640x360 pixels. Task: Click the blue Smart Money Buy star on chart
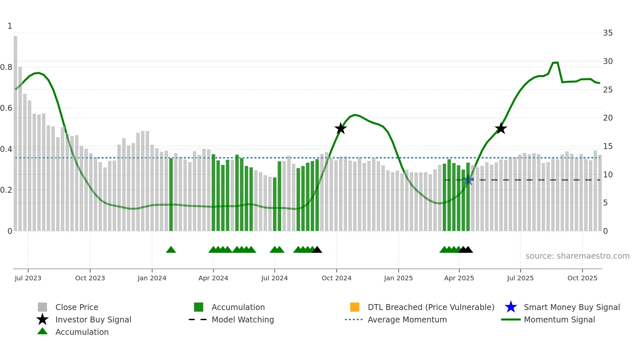pyautogui.click(x=468, y=180)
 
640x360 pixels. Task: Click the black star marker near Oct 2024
pyautogui.click(x=341, y=128)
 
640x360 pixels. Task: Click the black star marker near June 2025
pyautogui.click(x=501, y=128)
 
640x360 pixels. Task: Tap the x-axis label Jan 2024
pyautogui.click(x=152, y=278)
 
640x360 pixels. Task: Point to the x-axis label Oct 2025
pyautogui.click(x=582, y=278)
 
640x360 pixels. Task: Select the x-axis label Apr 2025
pyautogui.click(x=459, y=278)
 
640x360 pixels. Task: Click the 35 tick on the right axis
pyautogui.click(x=608, y=33)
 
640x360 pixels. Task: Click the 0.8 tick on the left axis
pyautogui.click(x=6, y=67)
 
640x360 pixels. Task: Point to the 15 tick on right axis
pyautogui.click(x=608, y=146)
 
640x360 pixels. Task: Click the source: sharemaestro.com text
pyautogui.click(x=577, y=256)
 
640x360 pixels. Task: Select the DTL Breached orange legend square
pyautogui.click(x=355, y=307)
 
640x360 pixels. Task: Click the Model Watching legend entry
pyautogui.click(x=242, y=319)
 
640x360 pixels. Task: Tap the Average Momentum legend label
pyautogui.click(x=407, y=319)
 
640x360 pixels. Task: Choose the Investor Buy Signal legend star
pyautogui.click(x=42, y=319)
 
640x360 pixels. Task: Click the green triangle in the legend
pyautogui.click(x=42, y=331)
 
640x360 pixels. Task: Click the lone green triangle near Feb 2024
pyautogui.click(x=171, y=250)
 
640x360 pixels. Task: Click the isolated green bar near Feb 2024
pyautogui.click(x=171, y=194)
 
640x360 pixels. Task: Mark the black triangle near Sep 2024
pyautogui.click(x=317, y=250)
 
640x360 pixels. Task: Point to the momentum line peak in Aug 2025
pyautogui.click(x=555, y=62)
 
